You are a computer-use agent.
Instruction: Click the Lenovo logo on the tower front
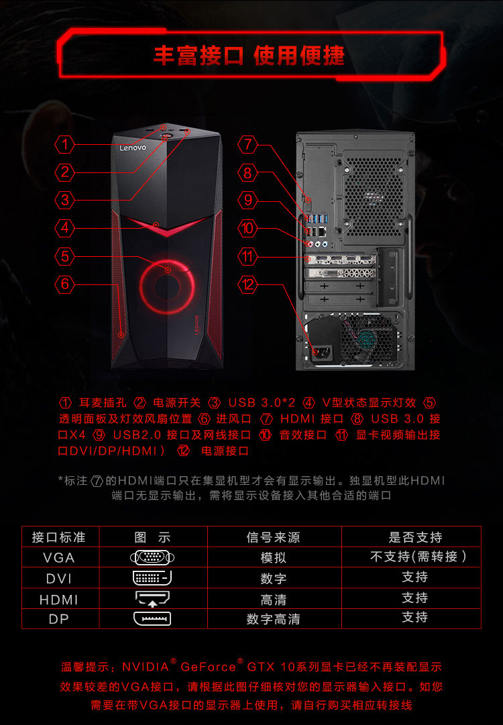click(x=133, y=148)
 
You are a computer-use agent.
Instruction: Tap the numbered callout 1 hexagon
click(x=65, y=144)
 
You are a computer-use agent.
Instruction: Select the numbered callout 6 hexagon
click(x=65, y=284)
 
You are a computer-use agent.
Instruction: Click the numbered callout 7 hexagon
click(x=248, y=144)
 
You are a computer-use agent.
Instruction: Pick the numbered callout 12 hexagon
click(x=248, y=284)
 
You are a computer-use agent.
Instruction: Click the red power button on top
click(x=165, y=137)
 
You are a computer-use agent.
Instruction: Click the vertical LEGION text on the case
click(x=196, y=325)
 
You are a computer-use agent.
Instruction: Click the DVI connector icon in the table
click(x=152, y=577)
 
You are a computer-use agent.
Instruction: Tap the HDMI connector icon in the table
click(x=152, y=598)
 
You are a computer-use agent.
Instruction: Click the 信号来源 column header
click(x=273, y=537)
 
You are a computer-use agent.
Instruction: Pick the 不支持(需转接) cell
click(x=418, y=556)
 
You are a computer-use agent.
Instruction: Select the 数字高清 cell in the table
click(x=273, y=618)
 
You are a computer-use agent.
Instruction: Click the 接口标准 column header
click(x=59, y=537)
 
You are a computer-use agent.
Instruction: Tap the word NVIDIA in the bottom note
click(x=146, y=667)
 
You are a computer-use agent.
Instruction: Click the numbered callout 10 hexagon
click(x=248, y=228)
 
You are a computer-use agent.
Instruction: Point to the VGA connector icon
click(x=152, y=557)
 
